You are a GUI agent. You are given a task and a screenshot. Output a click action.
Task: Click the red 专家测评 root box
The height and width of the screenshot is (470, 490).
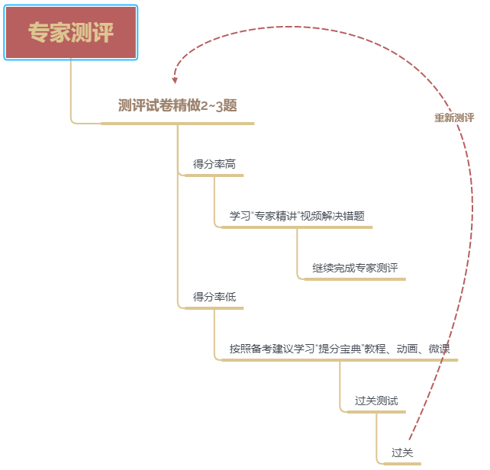tap(71, 32)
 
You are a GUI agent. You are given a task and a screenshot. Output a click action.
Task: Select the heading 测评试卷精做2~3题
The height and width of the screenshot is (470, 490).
tap(178, 105)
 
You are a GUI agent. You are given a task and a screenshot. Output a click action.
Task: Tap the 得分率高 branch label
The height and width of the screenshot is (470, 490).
tap(214, 164)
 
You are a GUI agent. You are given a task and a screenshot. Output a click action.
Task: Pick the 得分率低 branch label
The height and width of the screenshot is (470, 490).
tap(214, 297)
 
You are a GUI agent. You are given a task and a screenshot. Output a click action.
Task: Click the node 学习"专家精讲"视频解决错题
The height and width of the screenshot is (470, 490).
tap(297, 216)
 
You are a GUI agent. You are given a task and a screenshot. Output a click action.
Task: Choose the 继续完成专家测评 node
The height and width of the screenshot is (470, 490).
tap(355, 268)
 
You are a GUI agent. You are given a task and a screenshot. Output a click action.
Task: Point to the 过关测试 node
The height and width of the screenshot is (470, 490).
tap(376, 401)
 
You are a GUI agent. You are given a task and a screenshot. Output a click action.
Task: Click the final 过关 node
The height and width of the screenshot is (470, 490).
tap(402, 452)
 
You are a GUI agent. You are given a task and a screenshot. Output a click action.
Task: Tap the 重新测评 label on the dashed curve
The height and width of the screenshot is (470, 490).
tap(454, 117)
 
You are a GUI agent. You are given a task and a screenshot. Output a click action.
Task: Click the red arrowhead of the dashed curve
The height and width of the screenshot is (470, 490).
tap(175, 80)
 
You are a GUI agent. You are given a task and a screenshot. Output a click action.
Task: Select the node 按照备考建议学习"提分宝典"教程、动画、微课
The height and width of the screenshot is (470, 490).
tap(340, 349)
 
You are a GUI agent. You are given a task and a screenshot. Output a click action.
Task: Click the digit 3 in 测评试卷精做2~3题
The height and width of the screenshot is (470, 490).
tap(219, 106)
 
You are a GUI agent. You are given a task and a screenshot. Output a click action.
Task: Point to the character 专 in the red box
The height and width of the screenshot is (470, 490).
tap(39, 32)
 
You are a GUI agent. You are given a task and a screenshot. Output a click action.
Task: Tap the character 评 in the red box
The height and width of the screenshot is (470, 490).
tap(103, 32)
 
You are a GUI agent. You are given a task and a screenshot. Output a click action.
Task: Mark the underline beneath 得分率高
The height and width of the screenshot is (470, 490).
tap(214, 175)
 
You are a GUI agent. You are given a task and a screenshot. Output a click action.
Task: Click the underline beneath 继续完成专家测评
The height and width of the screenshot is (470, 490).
tap(355, 279)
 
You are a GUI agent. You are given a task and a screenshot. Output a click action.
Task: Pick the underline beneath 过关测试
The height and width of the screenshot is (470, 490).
tap(376, 412)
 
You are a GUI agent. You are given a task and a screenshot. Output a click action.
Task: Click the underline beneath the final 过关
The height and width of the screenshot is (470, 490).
tap(402, 464)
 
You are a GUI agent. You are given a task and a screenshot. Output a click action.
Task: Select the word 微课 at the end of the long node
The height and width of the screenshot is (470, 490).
tap(440, 349)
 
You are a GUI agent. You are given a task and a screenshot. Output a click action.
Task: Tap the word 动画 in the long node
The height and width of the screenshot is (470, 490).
tap(407, 349)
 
